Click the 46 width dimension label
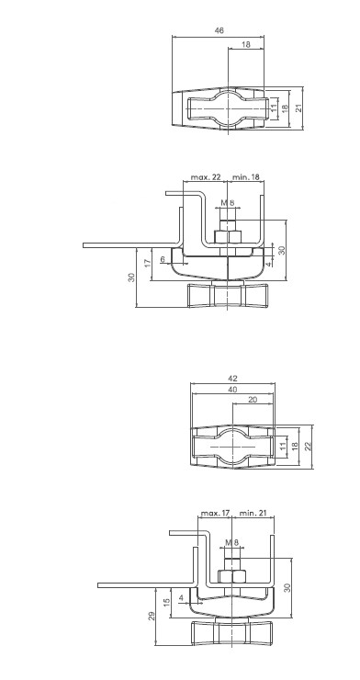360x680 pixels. [x=219, y=31]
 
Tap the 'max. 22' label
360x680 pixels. [x=206, y=177]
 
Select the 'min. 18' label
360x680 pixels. [x=245, y=177]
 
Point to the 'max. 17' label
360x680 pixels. [x=215, y=514]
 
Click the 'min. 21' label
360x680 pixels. [x=253, y=514]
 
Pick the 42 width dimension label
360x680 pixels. [x=232, y=379]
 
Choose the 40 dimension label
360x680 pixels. [x=232, y=390]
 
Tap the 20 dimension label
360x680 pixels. [x=253, y=400]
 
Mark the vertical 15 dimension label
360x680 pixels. [x=167, y=603]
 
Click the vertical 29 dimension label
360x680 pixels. [x=152, y=616]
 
